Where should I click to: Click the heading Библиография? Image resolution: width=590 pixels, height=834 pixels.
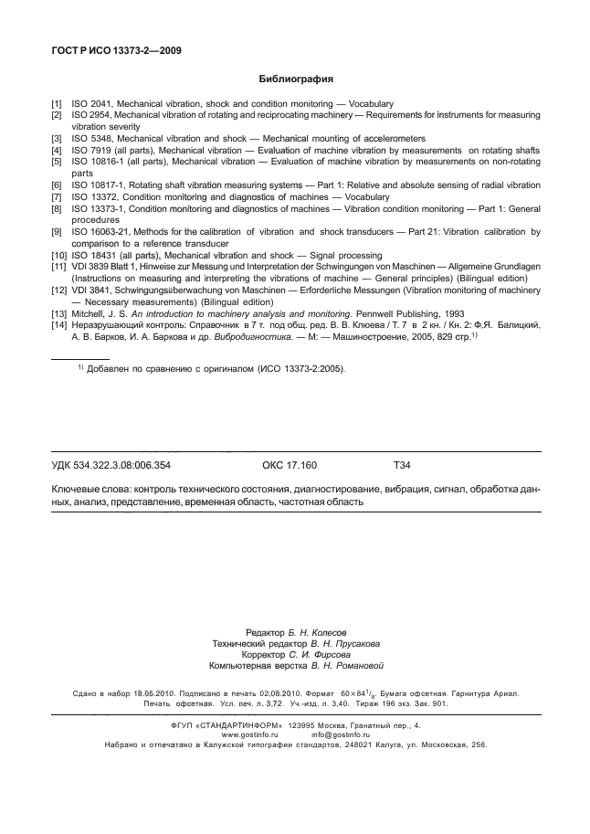[296, 79]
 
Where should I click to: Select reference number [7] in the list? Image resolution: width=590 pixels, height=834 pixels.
[57, 197]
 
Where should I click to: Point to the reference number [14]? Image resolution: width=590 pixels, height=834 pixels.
[58, 324]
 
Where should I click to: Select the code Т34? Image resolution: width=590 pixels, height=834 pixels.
[402, 465]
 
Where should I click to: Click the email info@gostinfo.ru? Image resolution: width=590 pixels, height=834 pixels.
[340, 734]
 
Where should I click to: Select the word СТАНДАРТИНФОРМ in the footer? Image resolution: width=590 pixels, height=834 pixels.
[238, 724]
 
